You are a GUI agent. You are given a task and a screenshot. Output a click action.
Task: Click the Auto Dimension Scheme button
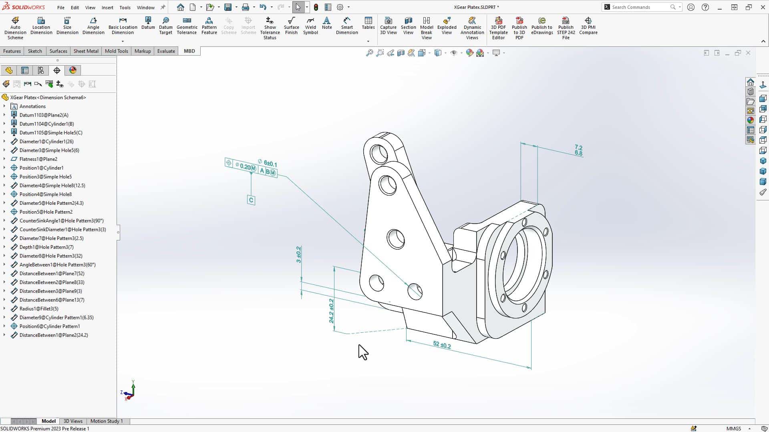(15, 28)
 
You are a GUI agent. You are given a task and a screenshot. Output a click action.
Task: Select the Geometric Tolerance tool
(187, 26)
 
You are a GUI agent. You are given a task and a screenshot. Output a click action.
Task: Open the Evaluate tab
(166, 51)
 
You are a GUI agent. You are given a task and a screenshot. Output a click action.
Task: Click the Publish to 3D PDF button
(519, 28)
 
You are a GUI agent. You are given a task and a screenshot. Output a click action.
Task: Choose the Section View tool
(408, 26)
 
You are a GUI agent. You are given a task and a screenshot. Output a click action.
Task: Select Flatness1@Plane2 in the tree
(38, 159)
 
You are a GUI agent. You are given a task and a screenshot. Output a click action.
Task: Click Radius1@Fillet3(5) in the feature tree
(39, 309)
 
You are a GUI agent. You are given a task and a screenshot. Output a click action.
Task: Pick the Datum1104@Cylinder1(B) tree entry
(46, 124)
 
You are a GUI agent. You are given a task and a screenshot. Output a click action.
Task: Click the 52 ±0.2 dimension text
(442, 345)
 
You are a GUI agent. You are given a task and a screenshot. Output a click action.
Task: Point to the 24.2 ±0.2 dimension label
(331, 311)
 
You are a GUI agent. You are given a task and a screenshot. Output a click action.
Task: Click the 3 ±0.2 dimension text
(298, 255)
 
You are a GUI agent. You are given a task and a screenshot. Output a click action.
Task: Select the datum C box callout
(251, 200)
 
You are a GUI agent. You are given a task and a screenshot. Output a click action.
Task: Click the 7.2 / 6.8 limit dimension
(578, 150)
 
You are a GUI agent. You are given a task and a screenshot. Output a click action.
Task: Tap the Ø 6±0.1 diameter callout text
(268, 163)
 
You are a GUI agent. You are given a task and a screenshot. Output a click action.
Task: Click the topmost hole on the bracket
(378, 154)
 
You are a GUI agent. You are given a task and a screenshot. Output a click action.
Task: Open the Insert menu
(107, 7)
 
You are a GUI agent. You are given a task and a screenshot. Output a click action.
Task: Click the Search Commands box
(639, 7)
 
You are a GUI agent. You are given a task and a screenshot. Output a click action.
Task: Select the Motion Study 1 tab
(107, 421)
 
